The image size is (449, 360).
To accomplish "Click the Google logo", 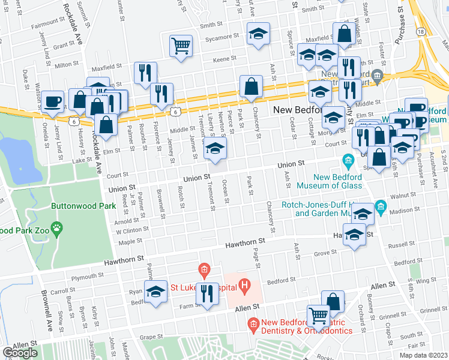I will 19,353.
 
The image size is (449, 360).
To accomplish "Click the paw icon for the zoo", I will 58,227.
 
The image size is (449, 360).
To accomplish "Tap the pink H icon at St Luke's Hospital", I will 244,286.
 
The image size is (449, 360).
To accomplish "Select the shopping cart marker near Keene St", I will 181,46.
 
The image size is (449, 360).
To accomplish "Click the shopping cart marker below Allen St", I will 318,314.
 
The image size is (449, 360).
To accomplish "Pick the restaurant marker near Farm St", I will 207,293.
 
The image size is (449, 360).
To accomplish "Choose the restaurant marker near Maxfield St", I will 145,73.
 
